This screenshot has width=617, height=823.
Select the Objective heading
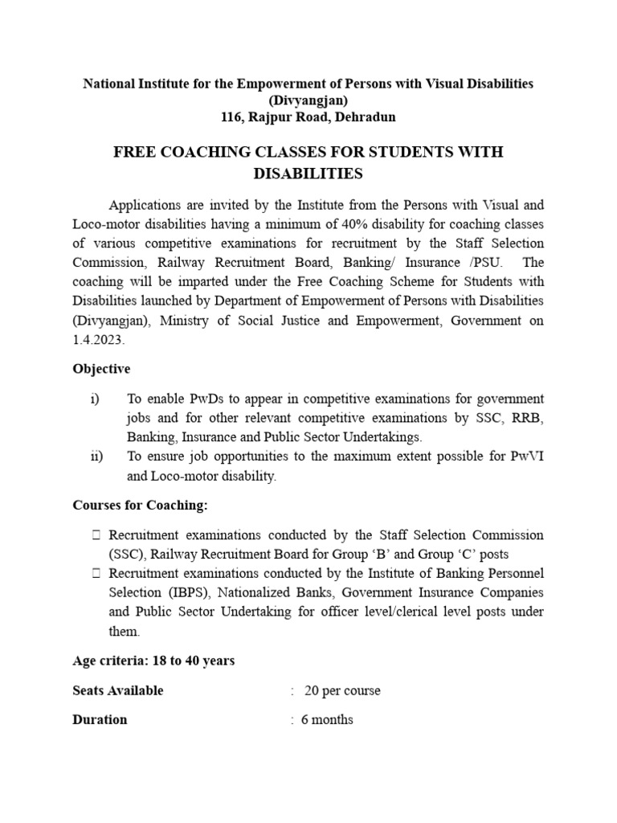[101, 369]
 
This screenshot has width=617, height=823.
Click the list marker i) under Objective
[94, 399]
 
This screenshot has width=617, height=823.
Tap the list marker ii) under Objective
[96, 457]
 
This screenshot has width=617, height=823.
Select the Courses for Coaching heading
[140, 505]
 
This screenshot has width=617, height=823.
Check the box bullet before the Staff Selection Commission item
[96, 535]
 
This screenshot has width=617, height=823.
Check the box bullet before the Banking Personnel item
[96, 574]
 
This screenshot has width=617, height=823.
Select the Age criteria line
[153, 661]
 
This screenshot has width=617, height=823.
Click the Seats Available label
[117, 690]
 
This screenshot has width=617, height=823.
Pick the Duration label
[100, 719]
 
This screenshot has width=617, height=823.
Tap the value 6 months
[327, 719]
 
